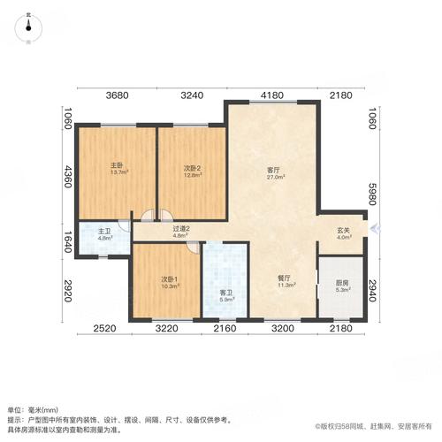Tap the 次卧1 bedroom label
coord(169,279)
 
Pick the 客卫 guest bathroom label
coord(225,293)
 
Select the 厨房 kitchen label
coord(341,283)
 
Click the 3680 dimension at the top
coord(118,95)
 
